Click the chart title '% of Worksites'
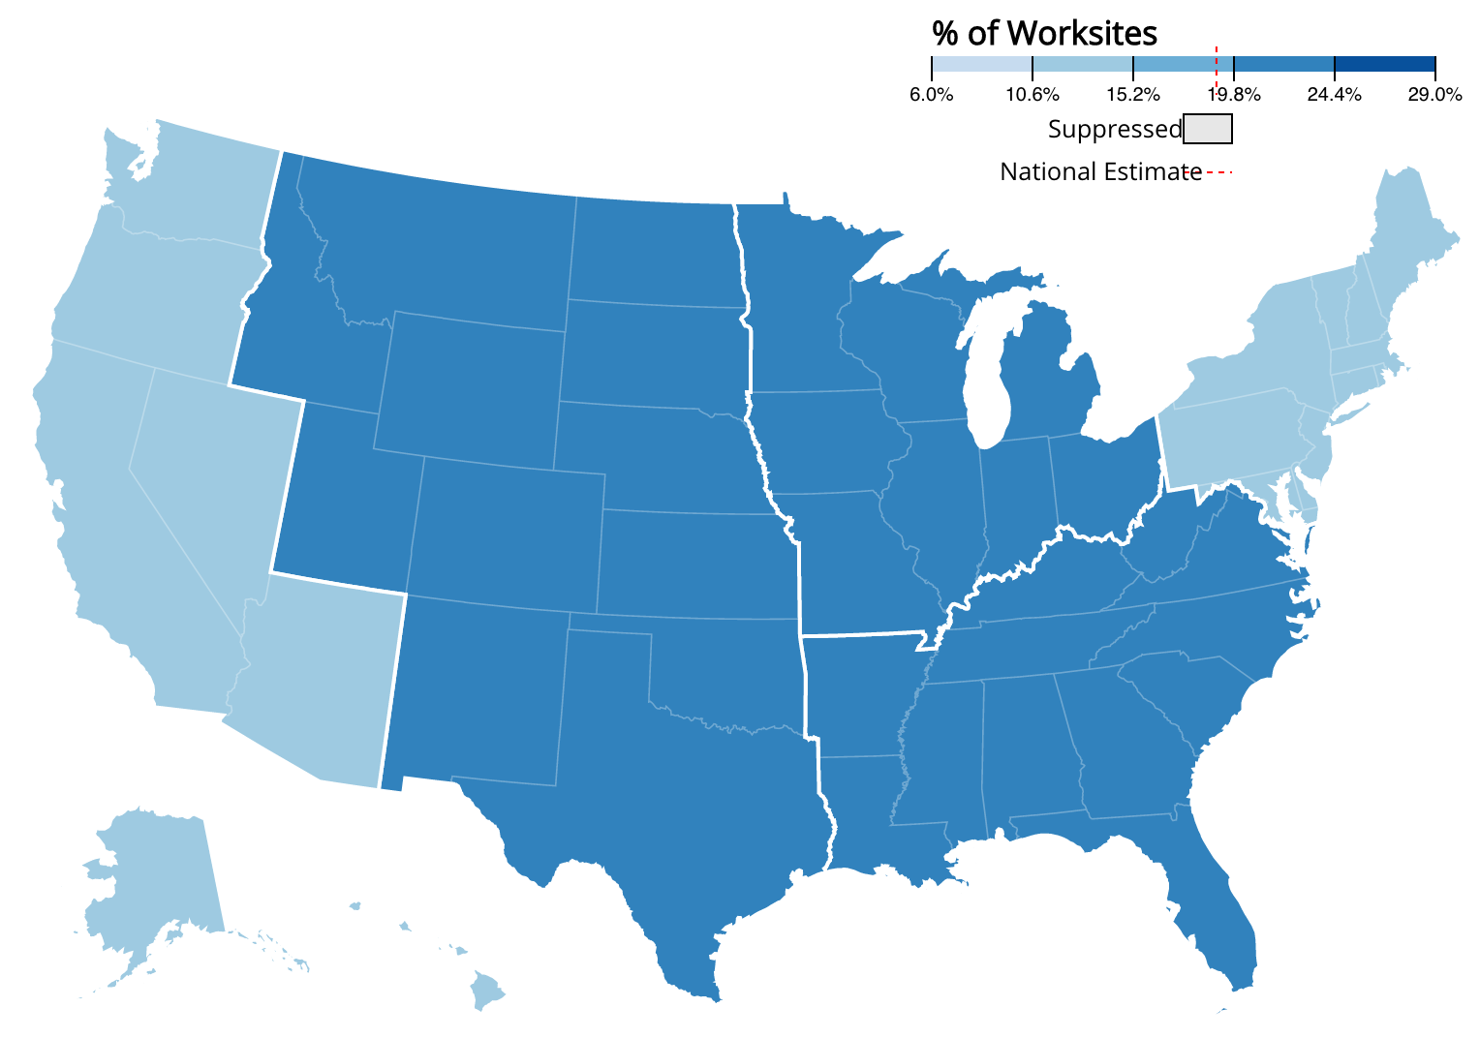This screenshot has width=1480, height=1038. [x=1044, y=34]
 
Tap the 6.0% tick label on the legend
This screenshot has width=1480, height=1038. [x=931, y=95]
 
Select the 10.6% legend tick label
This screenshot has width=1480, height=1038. [x=1033, y=95]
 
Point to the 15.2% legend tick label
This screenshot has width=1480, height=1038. [x=1133, y=95]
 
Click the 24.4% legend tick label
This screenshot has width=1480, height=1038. [x=1335, y=95]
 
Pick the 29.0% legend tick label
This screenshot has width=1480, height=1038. [x=1435, y=95]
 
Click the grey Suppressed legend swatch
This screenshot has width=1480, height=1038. [x=1208, y=129]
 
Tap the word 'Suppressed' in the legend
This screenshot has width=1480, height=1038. [x=1115, y=130]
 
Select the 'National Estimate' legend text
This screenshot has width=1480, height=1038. [x=1100, y=172]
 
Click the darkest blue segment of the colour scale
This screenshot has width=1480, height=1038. [x=1385, y=64]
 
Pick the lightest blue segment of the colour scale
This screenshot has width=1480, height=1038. [x=981, y=64]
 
